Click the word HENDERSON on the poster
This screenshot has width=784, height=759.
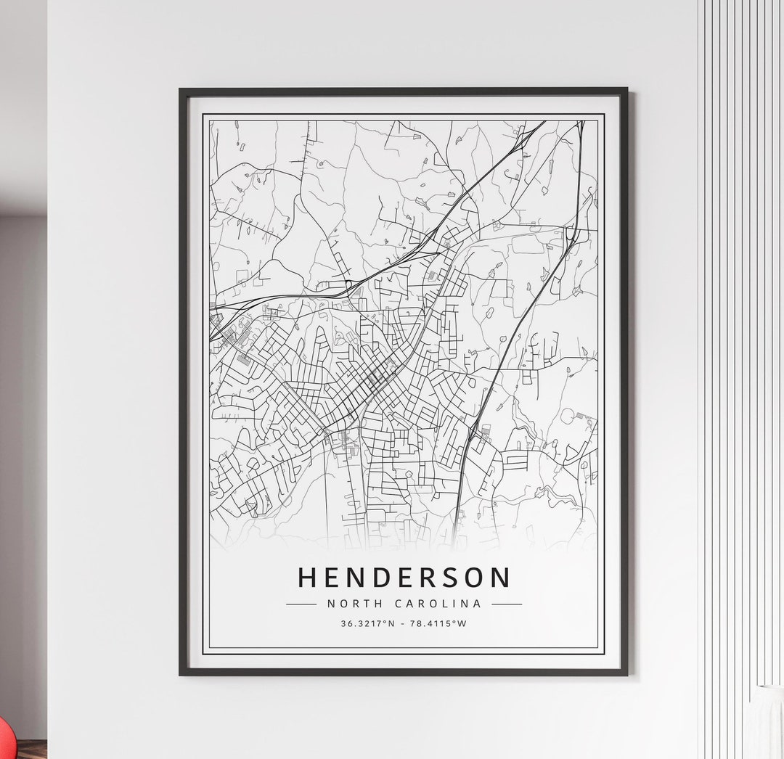pos(404,578)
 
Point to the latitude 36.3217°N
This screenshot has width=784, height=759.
pos(368,623)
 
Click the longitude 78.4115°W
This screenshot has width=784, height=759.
pos(438,623)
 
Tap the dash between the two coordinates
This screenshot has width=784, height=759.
pos(403,623)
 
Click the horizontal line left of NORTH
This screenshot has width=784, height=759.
pos(301,604)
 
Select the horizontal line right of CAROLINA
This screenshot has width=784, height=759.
pos(507,604)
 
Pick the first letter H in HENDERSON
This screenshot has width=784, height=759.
pos(308,578)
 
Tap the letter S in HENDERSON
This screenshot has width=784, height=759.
pos(450,578)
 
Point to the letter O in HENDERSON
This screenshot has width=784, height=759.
pos(474,578)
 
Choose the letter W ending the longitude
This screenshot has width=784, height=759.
pos(462,623)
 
